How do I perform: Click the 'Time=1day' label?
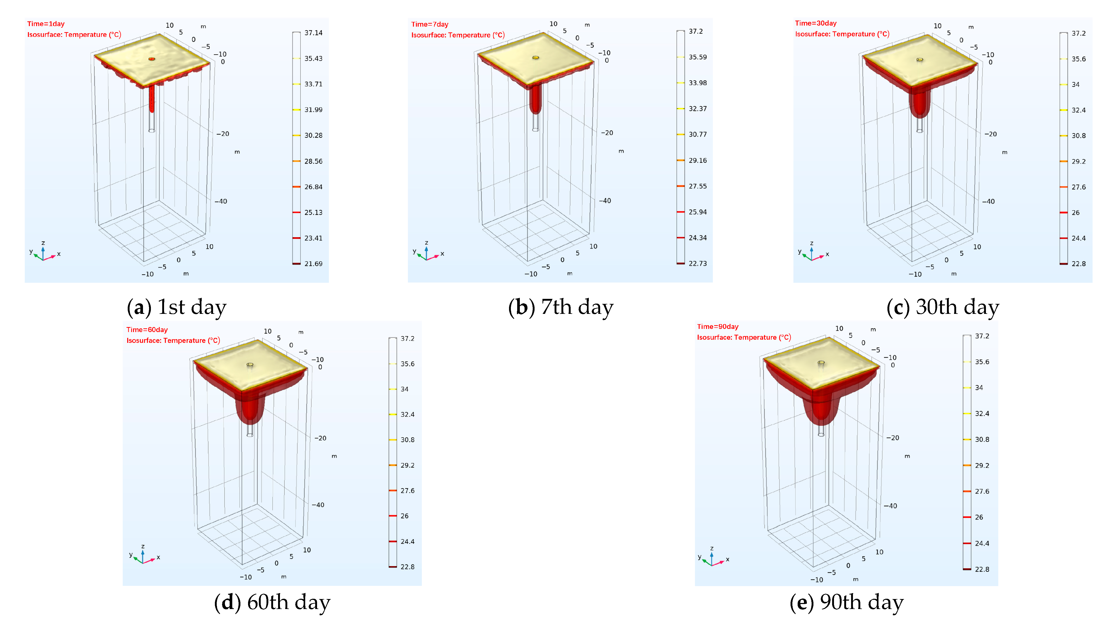(46, 24)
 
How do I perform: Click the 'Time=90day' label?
(717, 327)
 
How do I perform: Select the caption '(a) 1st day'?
(176, 307)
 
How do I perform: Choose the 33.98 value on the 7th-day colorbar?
(697, 83)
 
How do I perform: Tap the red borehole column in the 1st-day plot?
(152, 99)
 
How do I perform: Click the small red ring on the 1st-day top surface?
(152, 59)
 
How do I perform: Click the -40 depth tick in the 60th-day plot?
(318, 505)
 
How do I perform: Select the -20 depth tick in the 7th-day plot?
(607, 133)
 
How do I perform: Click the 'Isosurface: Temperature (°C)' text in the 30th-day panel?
(842, 34)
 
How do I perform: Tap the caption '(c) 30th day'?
(942, 307)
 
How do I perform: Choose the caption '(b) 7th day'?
(560, 307)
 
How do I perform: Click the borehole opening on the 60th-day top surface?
(250, 365)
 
